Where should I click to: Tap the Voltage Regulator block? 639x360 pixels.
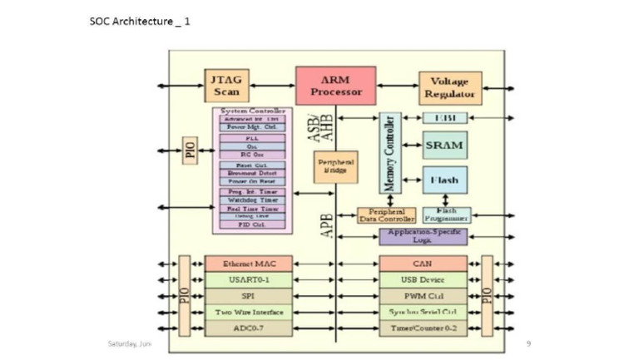[x=449, y=87]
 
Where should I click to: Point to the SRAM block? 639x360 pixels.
[x=443, y=145]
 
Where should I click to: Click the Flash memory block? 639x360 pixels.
[x=443, y=180]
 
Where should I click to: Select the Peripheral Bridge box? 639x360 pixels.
[x=335, y=166]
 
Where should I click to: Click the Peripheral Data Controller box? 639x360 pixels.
[x=385, y=215]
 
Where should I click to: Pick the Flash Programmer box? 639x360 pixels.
[x=446, y=215]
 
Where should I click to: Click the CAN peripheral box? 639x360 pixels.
[x=422, y=264]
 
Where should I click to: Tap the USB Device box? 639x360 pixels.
[x=422, y=279]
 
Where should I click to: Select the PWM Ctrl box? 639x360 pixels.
[x=422, y=296]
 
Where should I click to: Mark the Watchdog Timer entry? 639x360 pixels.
[x=251, y=200]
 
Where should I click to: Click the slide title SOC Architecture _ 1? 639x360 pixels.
[x=140, y=21]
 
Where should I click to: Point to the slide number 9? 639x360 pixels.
[x=528, y=343]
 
